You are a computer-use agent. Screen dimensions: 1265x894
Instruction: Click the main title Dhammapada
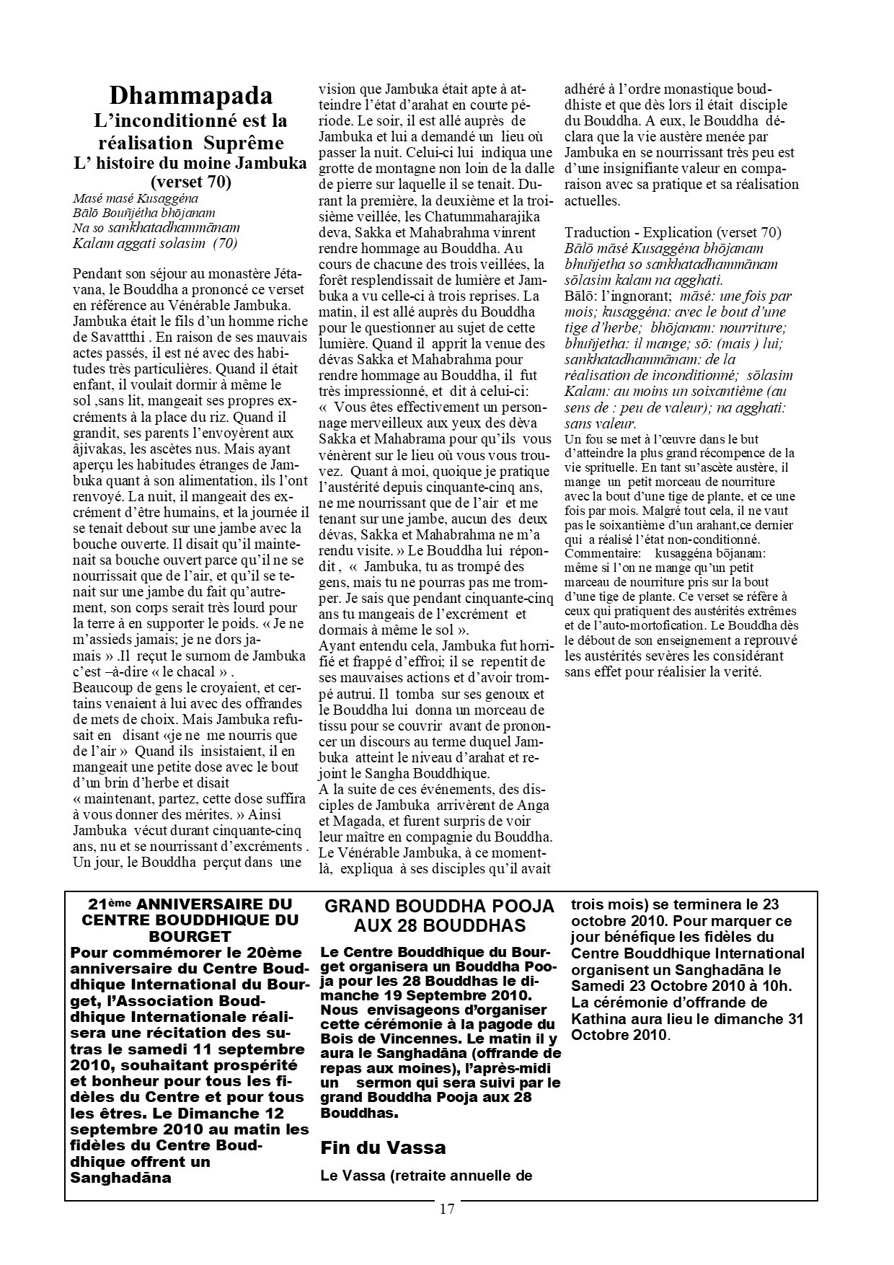(x=191, y=96)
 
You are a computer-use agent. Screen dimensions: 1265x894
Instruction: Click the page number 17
(x=446, y=1209)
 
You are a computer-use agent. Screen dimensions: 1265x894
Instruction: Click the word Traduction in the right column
(x=596, y=232)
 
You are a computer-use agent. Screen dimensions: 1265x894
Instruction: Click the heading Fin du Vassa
(x=383, y=1147)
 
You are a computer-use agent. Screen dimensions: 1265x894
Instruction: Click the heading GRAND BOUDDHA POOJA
(x=439, y=906)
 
